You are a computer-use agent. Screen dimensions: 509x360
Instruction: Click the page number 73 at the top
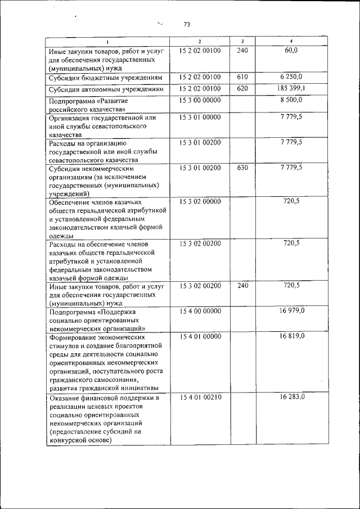pos(187,24)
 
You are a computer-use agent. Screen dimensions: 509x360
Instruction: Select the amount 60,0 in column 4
pos(291,51)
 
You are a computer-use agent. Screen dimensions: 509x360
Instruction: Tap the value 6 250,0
pos(291,76)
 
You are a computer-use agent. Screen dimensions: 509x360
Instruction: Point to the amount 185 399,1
pos(291,88)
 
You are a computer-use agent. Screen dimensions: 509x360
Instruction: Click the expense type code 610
pos(242,76)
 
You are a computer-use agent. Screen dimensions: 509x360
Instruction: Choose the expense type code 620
pos(242,88)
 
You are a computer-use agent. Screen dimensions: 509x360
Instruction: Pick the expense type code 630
pos(242,168)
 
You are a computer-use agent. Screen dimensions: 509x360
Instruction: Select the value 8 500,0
pos(291,100)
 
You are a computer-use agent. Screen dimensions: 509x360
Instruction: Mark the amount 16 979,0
pos(291,310)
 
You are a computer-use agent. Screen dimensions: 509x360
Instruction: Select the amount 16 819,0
pos(291,336)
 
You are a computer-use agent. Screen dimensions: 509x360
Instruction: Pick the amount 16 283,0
pos(291,398)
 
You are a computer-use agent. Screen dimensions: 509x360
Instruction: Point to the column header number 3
pos(242,42)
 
